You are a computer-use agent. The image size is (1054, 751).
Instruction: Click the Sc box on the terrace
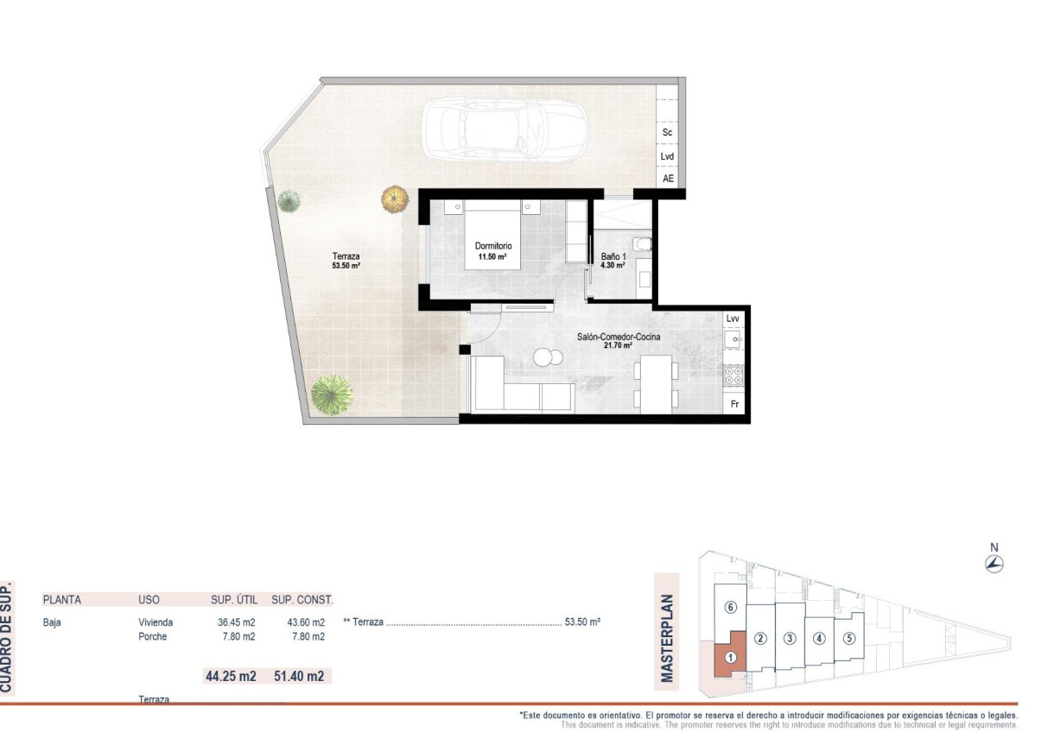click(667, 133)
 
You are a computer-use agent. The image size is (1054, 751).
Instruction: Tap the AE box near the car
click(667, 179)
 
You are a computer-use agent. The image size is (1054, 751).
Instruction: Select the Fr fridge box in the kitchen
click(734, 404)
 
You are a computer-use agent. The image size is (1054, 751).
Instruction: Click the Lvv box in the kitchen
click(733, 319)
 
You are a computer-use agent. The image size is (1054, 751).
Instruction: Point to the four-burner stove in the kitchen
click(734, 375)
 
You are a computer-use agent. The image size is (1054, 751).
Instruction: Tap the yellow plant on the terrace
click(394, 199)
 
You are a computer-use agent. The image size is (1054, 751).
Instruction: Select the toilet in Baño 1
click(640, 246)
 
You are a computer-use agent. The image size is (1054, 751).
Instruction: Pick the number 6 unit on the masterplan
click(730, 607)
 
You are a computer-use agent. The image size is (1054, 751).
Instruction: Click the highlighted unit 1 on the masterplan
click(730, 656)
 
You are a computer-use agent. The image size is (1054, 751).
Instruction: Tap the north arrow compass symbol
click(994, 565)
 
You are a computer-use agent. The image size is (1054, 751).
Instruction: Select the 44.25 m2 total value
click(231, 676)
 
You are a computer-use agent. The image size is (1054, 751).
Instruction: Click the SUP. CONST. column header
click(302, 599)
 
